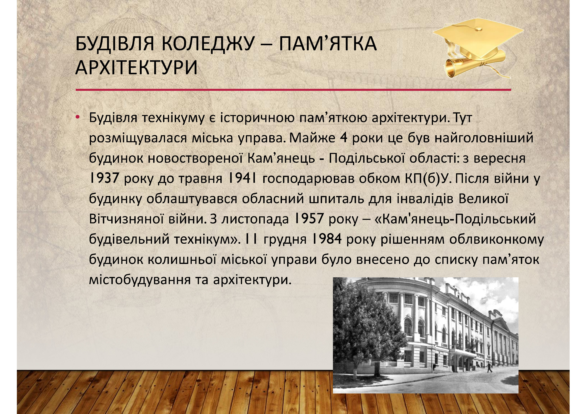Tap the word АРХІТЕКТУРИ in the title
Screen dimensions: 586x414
136,68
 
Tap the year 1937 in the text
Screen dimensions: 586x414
104,178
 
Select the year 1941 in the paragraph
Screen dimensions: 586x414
241,178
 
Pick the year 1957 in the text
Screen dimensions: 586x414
309,219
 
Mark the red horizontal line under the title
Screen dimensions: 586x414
293,90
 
